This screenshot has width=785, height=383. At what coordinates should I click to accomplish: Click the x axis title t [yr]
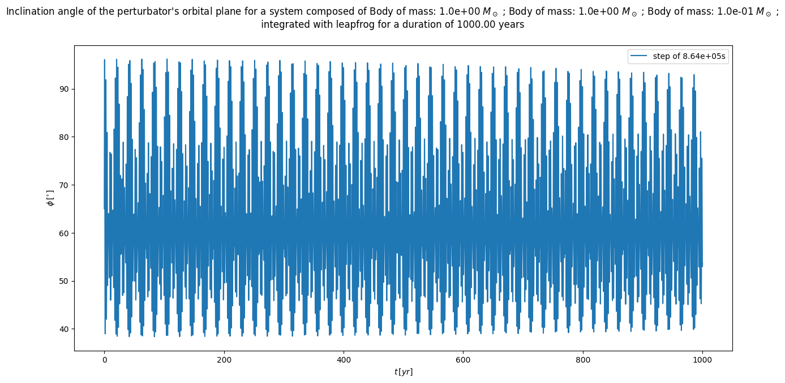404,372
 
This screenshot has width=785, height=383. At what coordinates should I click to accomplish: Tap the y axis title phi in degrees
50,198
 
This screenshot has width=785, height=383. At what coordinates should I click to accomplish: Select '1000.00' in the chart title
474,24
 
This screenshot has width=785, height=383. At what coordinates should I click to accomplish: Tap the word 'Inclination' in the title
32,11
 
